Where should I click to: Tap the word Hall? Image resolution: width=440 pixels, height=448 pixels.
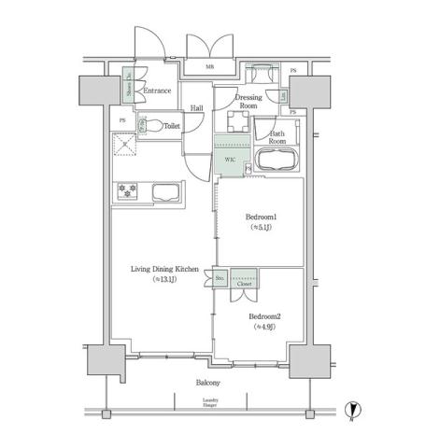point(197,109)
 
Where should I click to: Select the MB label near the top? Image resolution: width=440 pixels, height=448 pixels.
point(209,68)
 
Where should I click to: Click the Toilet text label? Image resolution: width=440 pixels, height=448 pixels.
point(172,124)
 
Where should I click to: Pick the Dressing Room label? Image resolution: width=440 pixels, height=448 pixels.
point(248,102)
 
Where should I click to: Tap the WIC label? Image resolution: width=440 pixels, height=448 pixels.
point(229,160)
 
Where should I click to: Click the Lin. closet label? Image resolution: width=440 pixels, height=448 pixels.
point(283,96)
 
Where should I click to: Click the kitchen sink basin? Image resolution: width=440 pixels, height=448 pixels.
point(166,192)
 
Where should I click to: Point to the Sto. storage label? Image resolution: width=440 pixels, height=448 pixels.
point(220,278)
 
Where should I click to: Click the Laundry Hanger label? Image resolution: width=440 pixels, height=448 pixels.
point(211,403)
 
